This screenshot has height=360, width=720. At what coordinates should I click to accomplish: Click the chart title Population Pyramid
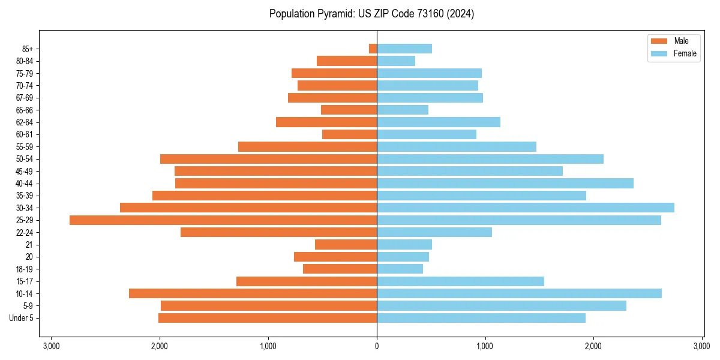(371, 14)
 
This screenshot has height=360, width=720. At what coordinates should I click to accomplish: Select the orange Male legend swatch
(659, 41)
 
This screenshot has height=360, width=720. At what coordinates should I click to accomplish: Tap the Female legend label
(685, 53)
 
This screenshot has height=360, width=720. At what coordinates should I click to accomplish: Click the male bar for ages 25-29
(223, 220)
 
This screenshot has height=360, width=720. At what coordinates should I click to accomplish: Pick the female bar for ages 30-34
(526, 208)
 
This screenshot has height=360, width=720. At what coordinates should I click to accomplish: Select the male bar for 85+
(373, 49)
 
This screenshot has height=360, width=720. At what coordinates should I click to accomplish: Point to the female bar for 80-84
(396, 61)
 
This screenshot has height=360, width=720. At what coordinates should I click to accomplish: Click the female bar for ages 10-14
(519, 293)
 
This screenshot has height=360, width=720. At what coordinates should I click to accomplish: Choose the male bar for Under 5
(268, 318)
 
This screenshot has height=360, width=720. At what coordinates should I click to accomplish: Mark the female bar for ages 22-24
(434, 232)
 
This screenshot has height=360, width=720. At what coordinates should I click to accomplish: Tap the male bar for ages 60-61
(349, 134)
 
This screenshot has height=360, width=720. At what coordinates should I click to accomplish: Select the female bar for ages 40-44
(505, 183)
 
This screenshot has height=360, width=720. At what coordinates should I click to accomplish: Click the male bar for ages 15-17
(307, 281)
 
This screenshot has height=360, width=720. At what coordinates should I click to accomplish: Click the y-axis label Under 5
(21, 318)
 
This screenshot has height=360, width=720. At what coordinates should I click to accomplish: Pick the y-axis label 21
(29, 245)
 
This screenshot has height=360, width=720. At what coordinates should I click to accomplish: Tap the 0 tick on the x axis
(377, 346)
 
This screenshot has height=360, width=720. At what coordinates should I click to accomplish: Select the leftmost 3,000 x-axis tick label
(51, 346)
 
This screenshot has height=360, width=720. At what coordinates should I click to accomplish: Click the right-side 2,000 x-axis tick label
(593, 346)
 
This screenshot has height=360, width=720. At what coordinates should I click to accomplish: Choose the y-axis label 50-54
(24, 159)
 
